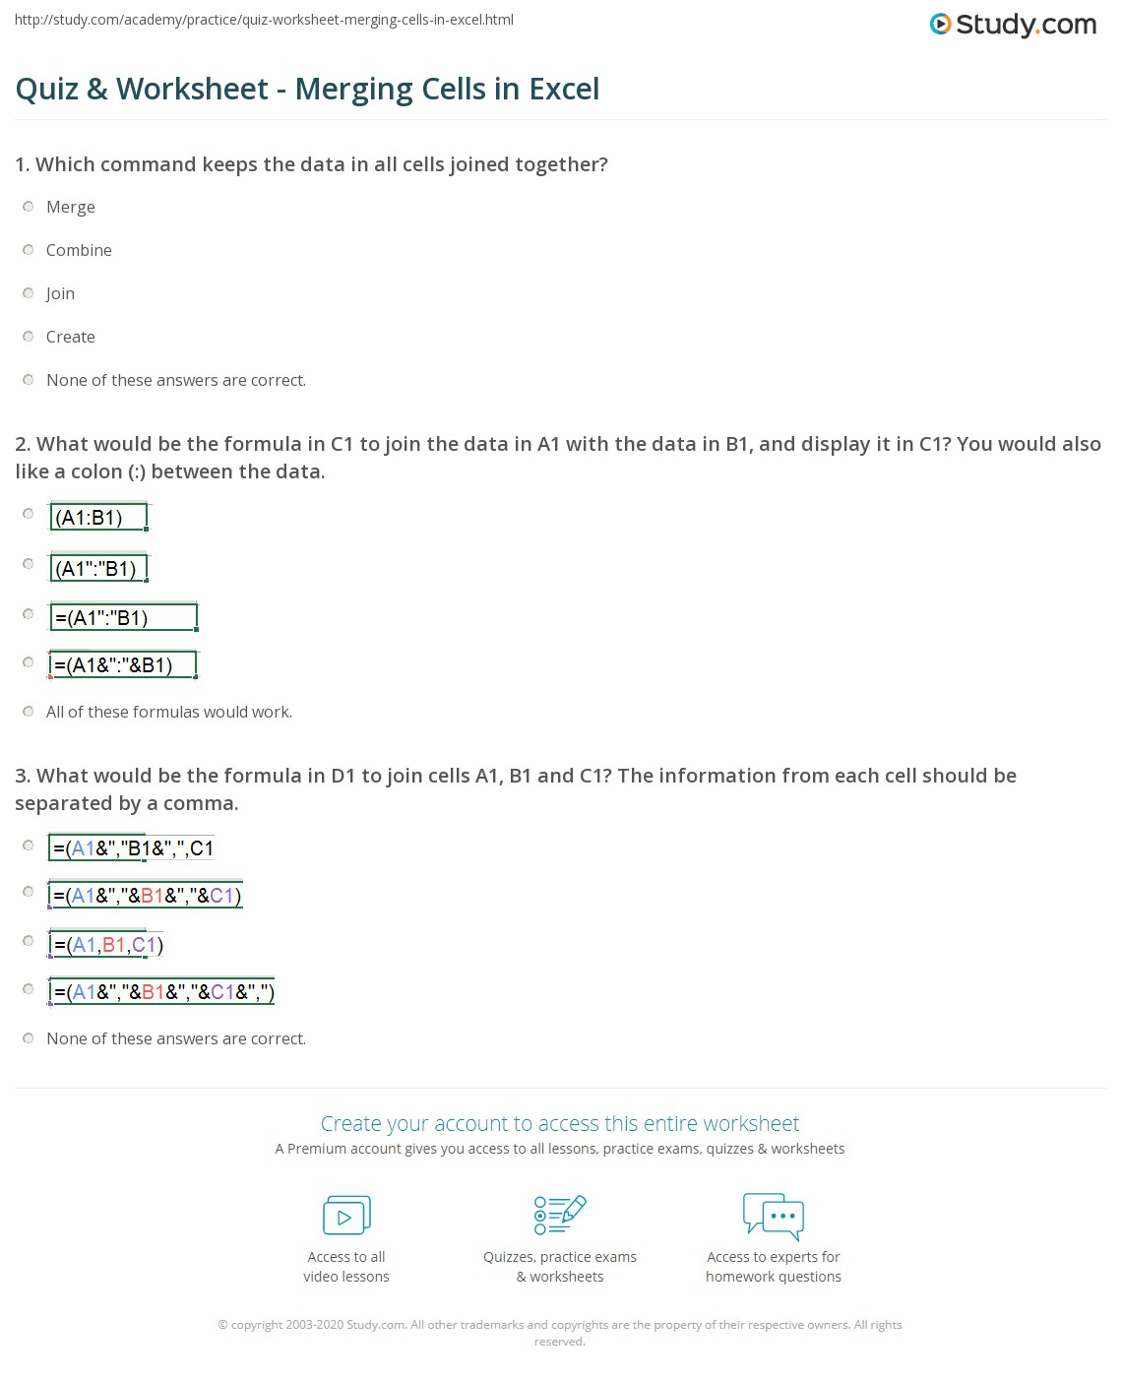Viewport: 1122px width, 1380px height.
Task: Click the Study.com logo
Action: click(x=1013, y=25)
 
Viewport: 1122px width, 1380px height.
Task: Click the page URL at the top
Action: click(x=264, y=20)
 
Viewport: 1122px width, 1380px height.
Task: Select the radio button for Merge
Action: click(x=29, y=207)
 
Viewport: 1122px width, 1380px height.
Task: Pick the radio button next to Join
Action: click(x=29, y=293)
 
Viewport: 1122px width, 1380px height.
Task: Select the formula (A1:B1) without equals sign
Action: click(x=98, y=517)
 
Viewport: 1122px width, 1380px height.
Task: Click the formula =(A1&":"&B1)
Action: click(x=123, y=665)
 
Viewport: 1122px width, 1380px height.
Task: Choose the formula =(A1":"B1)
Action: click(x=123, y=618)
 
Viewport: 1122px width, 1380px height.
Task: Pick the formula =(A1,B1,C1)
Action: click(x=107, y=945)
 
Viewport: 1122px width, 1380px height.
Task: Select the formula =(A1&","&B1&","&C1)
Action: click(x=146, y=896)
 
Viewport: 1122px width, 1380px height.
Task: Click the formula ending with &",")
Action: click(x=162, y=992)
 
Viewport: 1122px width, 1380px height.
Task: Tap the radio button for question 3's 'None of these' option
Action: click(x=29, y=1038)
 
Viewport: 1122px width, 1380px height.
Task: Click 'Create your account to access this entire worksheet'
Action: click(x=560, y=1124)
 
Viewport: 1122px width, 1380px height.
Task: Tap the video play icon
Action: click(x=346, y=1216)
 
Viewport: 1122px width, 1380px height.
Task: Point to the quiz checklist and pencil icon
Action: click(x=560, y=1215)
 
